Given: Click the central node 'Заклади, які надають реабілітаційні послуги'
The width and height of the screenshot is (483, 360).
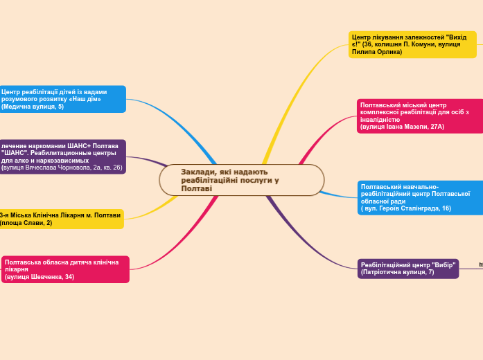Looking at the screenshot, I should (241, 180).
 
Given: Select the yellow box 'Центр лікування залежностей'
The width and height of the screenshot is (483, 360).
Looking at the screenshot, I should (412, 44).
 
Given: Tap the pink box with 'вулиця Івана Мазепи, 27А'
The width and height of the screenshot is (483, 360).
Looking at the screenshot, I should (420, 116).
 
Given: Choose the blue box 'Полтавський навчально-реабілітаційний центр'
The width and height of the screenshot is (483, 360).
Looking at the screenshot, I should (420, 197).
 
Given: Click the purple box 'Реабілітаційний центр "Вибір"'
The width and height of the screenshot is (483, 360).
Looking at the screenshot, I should (408, 269).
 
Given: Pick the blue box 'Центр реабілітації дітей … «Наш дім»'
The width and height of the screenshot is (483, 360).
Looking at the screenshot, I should (62, 99).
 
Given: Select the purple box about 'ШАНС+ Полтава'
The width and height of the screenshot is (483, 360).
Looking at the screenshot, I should (62, 156).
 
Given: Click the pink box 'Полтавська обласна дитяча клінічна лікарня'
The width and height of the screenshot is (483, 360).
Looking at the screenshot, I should (66, 269).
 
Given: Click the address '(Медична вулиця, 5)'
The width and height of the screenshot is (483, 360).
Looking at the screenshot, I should (33, 107).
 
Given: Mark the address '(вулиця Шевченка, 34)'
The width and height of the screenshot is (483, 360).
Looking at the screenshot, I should (39, 277).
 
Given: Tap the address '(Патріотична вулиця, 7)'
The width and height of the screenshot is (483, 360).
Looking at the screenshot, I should (397, 273).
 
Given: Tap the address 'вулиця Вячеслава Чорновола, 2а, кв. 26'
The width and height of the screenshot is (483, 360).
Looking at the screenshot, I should (62, 168).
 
